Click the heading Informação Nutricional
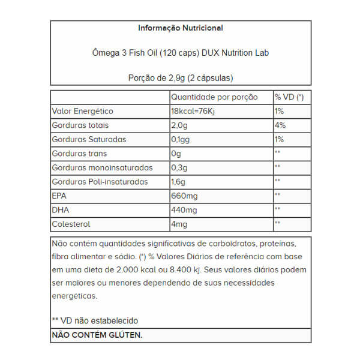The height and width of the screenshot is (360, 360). [180, 28]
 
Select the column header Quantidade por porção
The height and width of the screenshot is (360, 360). [214, 97]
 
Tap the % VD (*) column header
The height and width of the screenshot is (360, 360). [289, 97]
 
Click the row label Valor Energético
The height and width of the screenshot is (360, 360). [83, 112]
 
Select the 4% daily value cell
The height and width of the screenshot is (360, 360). [280, 125]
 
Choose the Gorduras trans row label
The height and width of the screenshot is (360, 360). [80, 154]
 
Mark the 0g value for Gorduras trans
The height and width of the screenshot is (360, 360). [176, 154]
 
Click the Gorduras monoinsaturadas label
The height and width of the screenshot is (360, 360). [103, 167]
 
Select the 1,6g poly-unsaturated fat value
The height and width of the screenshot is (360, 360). [179, 182]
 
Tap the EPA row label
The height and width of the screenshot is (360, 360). [61, 196]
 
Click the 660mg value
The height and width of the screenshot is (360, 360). [184, 196]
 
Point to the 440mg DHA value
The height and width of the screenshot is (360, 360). [184, 209]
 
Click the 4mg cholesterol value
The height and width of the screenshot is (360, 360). [179, 224]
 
